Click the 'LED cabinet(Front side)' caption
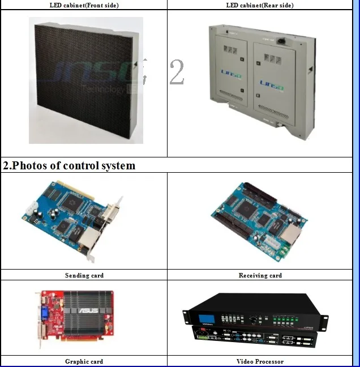(84, 5)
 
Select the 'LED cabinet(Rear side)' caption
(260, 5)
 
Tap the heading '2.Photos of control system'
(69, 165)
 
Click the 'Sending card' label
(84, 275)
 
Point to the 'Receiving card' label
(260, 275)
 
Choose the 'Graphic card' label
(84, 361)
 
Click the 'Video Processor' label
(260, 361)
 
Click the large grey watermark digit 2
(177, 72)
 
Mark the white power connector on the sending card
(28, 211)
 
